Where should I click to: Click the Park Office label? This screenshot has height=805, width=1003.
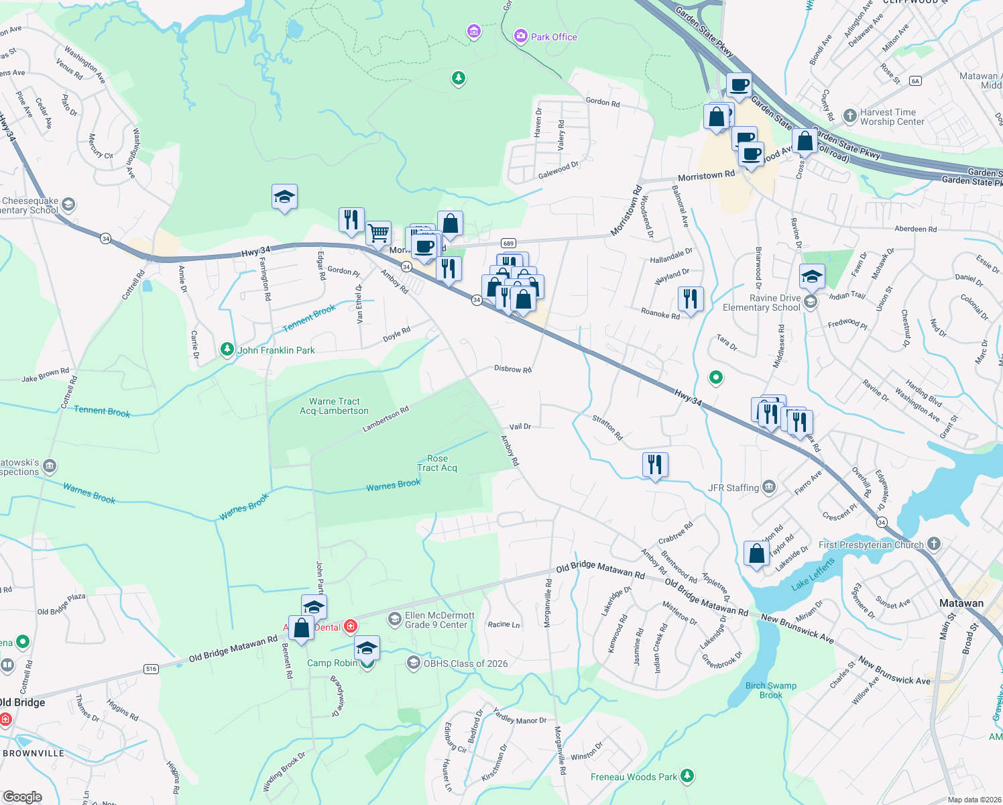pyautogui.click(x=553, y=37)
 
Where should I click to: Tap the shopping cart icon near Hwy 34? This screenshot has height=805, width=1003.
pyautogui.click(x=379, y=233)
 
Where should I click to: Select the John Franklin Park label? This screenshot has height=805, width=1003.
pyautogui.click(x=276, y=350)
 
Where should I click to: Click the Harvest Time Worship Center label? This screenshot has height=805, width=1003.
pyautogui.click(x=892, y=117)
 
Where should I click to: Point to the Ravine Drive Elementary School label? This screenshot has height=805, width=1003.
pyautogui.click(x=762, y=303)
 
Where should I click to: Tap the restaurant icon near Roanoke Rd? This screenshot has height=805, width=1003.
pyautogui.click(x=691, y=298)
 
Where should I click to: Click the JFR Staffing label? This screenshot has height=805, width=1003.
pyautogui.click(x=733, y=488)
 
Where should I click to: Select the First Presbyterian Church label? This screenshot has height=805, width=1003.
pyautogui.click(x=871, y=545)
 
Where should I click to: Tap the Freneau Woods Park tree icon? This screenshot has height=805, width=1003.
pyautogui.click(x=687, y=776)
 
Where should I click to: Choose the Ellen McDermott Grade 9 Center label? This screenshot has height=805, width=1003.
pyautogui.click(x=439, y=620)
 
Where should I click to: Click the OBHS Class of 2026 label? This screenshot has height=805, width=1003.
pyautogui.click(x=465, y=663)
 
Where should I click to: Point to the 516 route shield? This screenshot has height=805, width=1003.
pyautogui.click(x=151, y=669)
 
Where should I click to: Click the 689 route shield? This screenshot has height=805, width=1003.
pyautogui.click(x=508, y=244)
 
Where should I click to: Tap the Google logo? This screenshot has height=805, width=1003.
pyautogui.click(x=22, y=796)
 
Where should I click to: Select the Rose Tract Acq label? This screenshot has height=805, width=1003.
pyautogui.click(x=437, y=464)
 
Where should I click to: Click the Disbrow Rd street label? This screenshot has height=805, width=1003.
pyautogui.click(x=512, y=369)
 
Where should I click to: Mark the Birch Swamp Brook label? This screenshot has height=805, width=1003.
pyautogui.click(x=771, y=690)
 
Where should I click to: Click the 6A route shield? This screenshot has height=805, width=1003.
pyautogui.click(x=915, y=81)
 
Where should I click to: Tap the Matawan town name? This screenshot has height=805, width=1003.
pyautogui.click(x=961, y=603)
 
